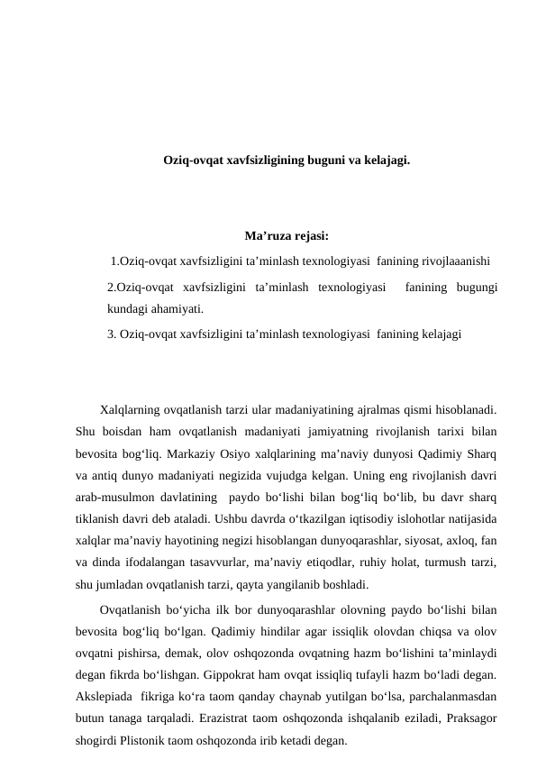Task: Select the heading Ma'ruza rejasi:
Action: click(x=286, y=238)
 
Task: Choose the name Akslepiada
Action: click(x=105, y=697)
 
